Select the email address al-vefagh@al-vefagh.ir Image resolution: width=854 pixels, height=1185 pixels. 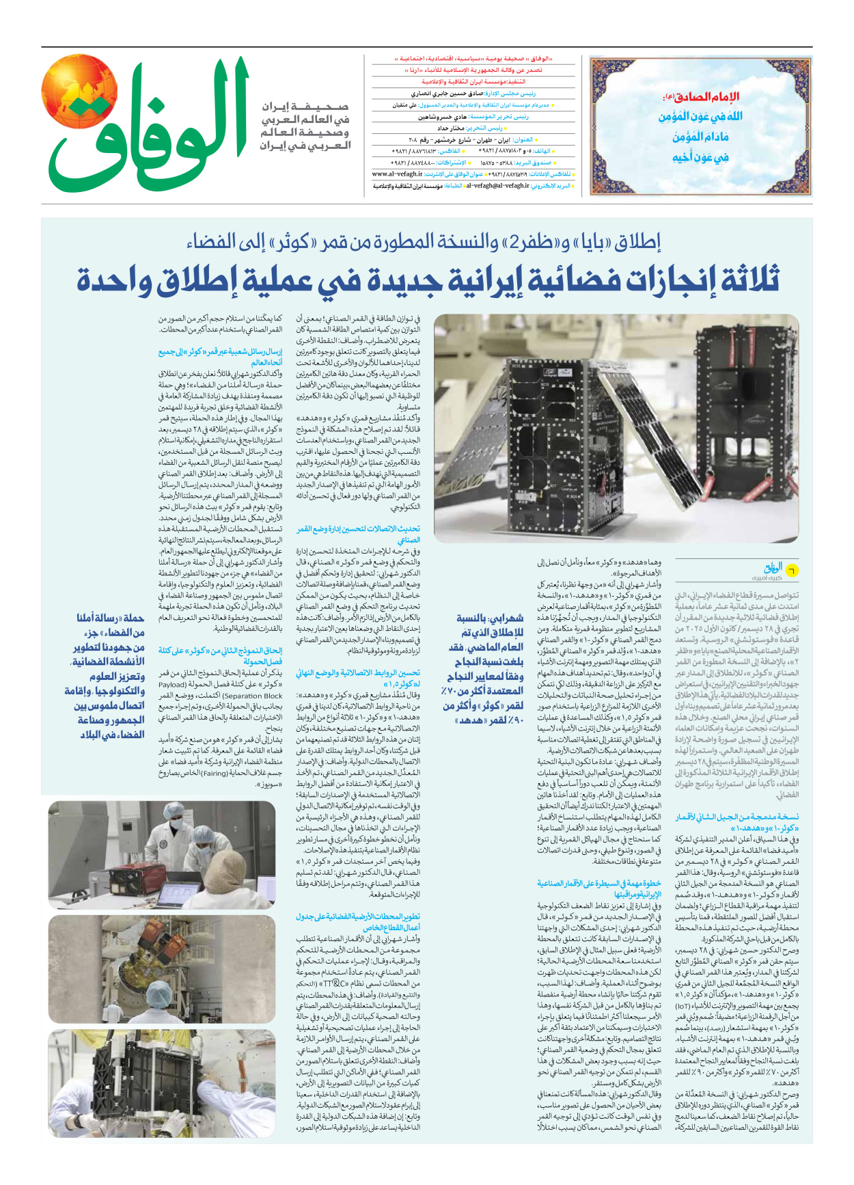point(497,186)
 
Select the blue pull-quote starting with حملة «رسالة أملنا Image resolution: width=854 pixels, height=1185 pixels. point(110,675)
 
